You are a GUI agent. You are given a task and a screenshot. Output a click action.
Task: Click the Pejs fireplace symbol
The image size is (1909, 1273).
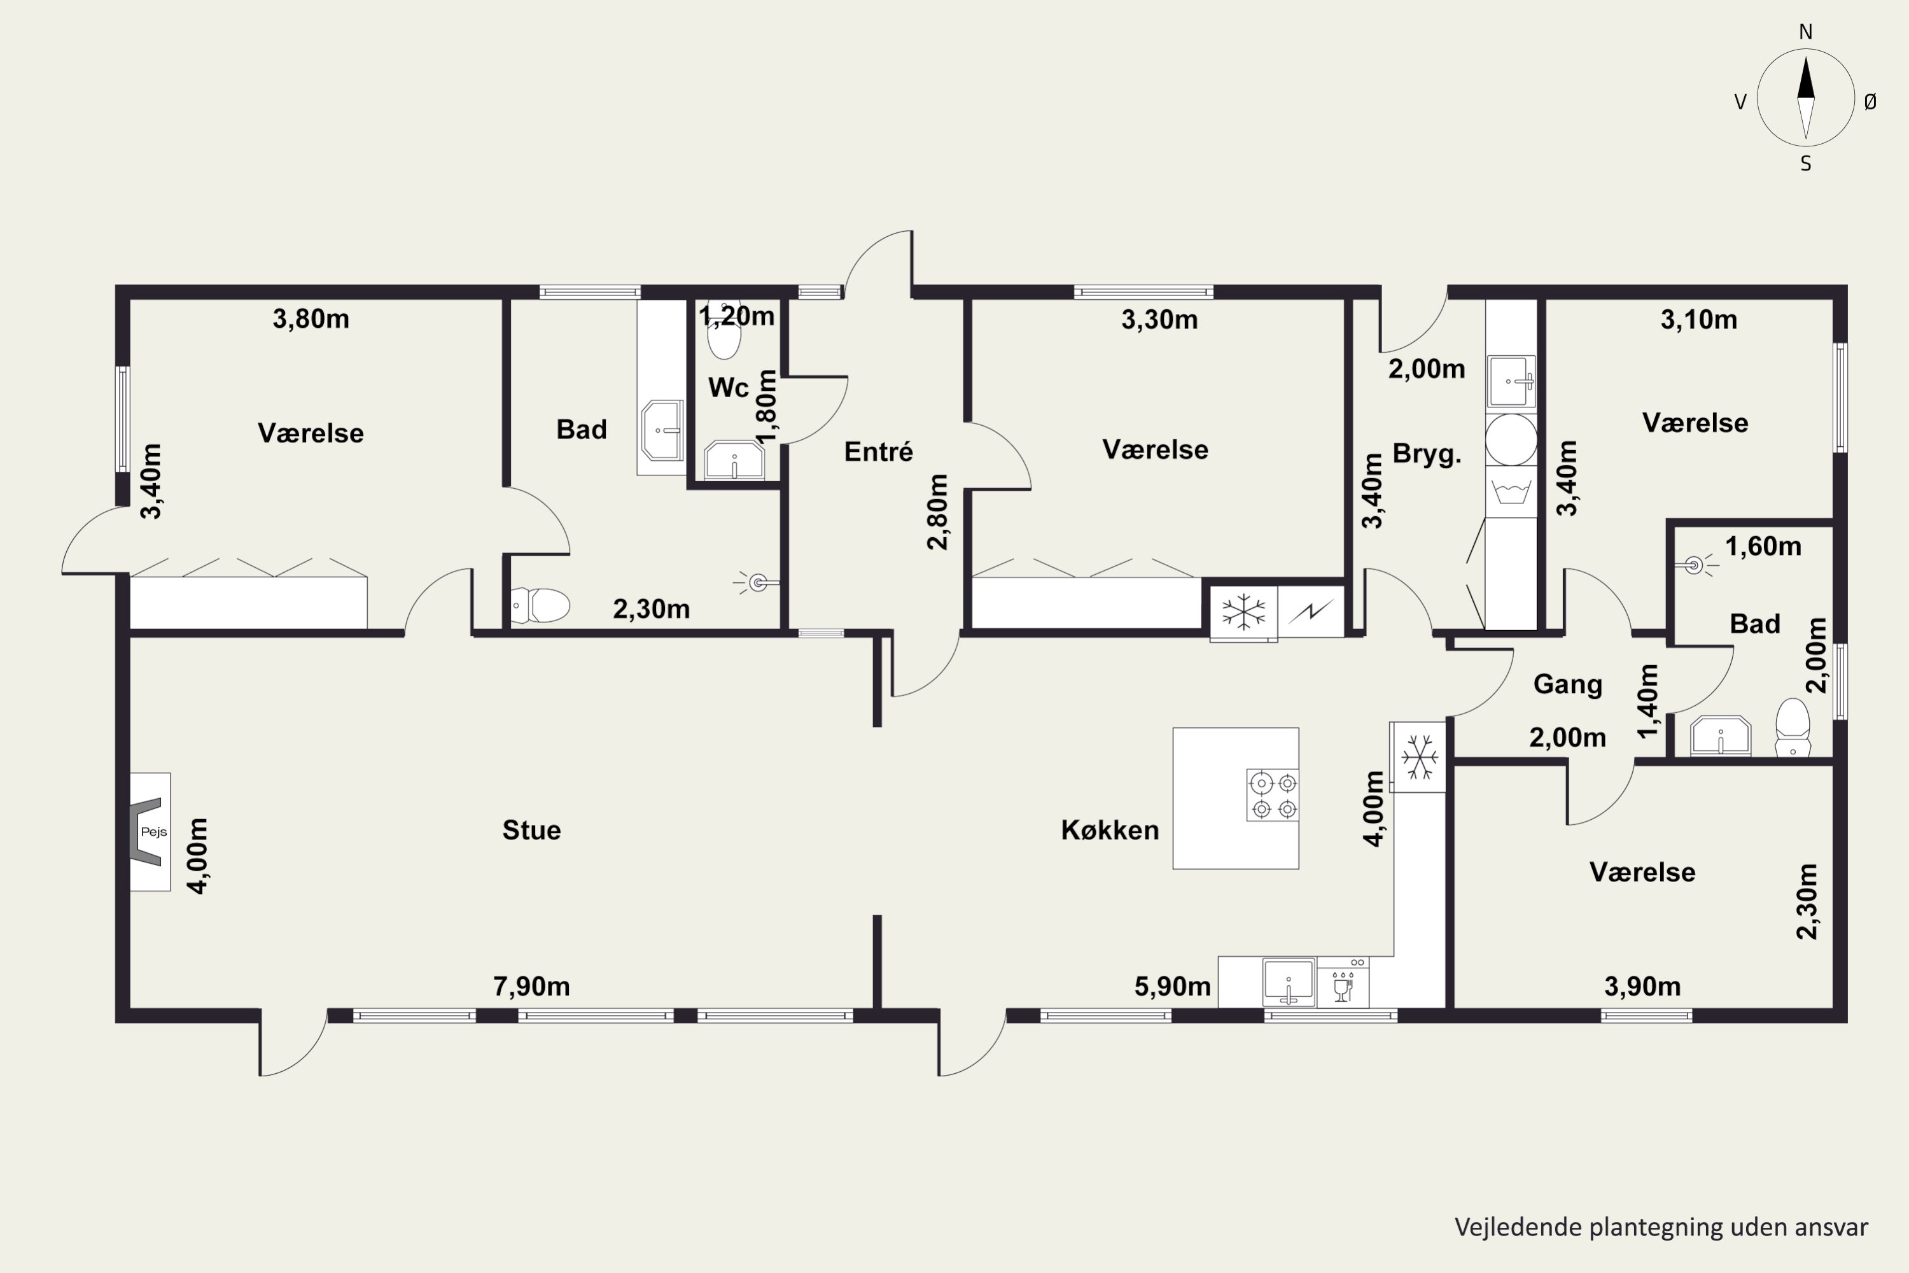(x=150, y=831)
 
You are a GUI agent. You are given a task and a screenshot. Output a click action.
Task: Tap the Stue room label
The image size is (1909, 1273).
(x=531, y=830)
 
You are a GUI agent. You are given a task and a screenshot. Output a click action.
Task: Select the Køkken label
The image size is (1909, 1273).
(x=1110, y=830)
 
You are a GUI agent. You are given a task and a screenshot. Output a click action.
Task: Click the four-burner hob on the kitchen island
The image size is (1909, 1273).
(x=1273, y=795)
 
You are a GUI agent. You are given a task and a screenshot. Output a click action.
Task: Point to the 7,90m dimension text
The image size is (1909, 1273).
(x=531, y=987)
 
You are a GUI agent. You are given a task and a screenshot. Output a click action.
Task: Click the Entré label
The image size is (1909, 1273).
(x=878, y=451)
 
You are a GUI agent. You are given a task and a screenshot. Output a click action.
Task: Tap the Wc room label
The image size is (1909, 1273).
(x=728, y=387)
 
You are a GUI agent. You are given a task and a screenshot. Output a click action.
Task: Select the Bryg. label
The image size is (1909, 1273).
(x=1427, y=454)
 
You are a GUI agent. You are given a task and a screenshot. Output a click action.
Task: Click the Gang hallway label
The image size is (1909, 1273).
(x=1567, y=684)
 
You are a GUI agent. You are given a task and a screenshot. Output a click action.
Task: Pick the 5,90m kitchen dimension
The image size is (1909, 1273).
(x=1172, y=987)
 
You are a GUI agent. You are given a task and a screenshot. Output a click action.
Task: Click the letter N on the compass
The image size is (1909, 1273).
(x=1806, y=32)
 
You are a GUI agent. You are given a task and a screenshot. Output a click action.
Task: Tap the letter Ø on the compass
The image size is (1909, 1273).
(x=1870, y=101)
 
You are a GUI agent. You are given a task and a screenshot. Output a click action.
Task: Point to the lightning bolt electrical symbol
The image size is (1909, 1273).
(x=1311, y=611)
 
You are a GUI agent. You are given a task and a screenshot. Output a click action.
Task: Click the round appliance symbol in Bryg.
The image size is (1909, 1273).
(x=1511, y=439)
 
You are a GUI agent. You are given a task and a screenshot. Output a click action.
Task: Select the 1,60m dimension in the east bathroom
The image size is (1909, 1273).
(x=1763, y=546)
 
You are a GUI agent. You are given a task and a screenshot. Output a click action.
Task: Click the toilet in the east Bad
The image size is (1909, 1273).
(x=1793, y=728)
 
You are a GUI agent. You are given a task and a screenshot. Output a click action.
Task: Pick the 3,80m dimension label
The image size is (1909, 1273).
(x=311, y=319)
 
